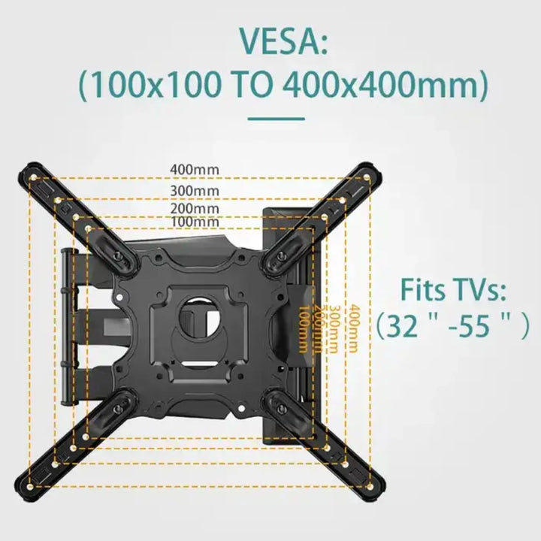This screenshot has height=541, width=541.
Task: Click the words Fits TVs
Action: [452, 289]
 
